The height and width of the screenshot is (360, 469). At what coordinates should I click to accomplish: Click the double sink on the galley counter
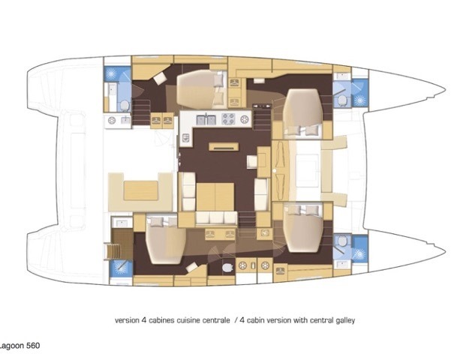[x=206, y=119]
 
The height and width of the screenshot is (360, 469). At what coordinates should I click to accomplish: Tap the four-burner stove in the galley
[x=228, y=119]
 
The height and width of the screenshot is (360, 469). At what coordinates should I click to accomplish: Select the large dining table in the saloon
[x=215, y=196]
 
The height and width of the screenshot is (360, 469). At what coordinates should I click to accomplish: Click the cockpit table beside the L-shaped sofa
[x=141, y=190]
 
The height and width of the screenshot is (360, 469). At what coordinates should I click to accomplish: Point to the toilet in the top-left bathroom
[x=124, y=106]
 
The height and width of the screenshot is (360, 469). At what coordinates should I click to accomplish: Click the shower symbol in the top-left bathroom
[x=111, y=73]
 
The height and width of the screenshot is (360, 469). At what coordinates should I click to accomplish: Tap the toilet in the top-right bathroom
[x=342, y=100]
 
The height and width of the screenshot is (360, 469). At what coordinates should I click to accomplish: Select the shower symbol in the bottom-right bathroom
[x=359, y=253]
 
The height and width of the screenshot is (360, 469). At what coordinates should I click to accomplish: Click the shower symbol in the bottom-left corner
[x=121, y=268]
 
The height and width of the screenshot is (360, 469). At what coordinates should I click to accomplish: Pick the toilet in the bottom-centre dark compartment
[x=228, y=267]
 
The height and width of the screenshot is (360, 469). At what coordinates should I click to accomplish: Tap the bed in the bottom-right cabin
[x=305, y=227]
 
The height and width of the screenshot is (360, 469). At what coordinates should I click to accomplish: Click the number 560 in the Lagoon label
[x=33, y=346]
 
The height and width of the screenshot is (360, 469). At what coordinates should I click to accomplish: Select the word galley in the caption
[x=346, y=320]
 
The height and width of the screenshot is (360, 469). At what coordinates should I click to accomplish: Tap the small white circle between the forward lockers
[x=275, y=171]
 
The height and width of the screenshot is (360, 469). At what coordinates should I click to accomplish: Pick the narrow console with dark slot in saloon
[x=224, y=147]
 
